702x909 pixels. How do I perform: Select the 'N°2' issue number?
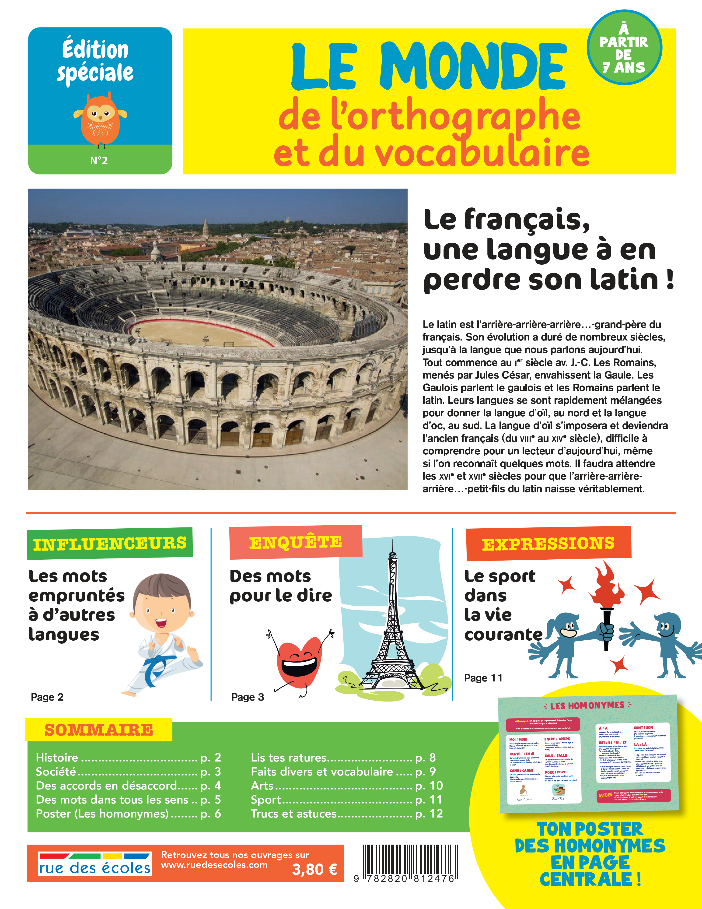[x=99, y=161]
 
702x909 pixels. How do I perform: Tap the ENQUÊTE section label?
[x=295, y=542]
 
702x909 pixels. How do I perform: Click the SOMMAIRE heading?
[x=99, y=730]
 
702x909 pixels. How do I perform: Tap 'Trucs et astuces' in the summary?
[x=293, y=814]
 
